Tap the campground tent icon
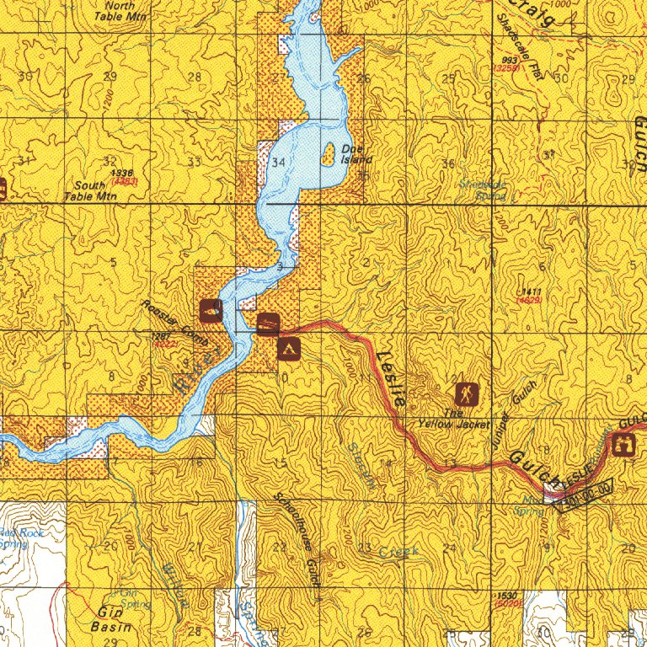(x=287, y=347)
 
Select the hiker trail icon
(x=467, y=393)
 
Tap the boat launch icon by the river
(x=268, y=323)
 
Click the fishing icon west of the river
(x=211, y=310)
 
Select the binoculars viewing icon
(x=625, y=446)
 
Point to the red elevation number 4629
(x=530, y=300)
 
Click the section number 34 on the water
(x=279, y=162)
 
